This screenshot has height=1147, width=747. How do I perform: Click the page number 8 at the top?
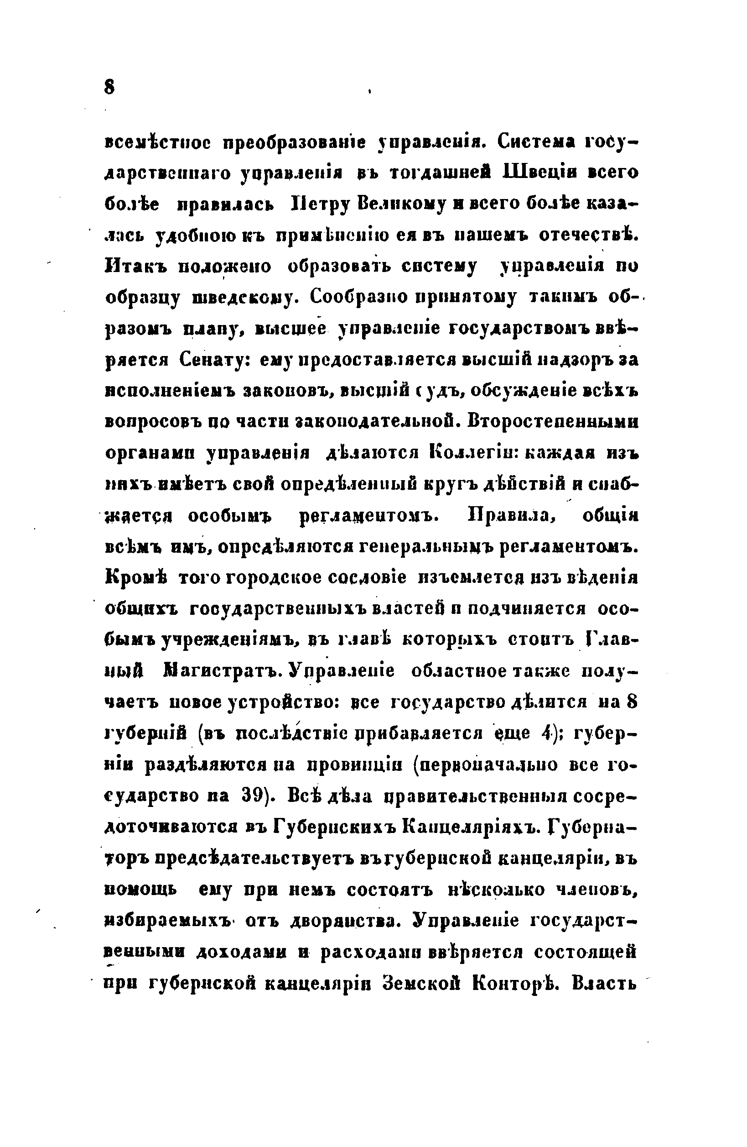(x=109, y=88)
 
